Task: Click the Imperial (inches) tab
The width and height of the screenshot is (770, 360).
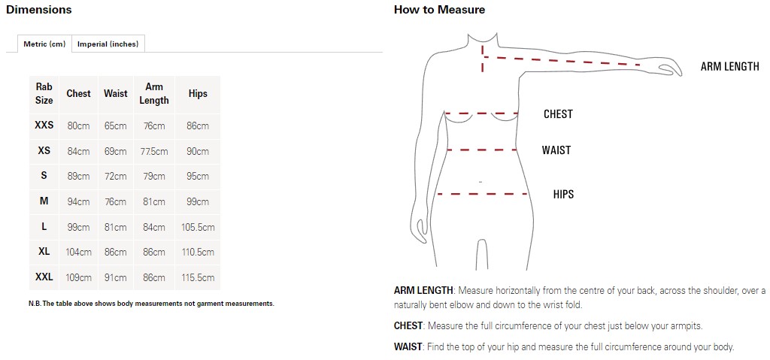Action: coord(108,44)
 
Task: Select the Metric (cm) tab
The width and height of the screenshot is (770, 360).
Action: coord(44,44)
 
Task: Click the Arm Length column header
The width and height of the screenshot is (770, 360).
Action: coord(153,94)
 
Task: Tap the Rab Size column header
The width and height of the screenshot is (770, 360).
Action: coord(44,94)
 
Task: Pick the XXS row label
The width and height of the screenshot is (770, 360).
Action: coord(44,126)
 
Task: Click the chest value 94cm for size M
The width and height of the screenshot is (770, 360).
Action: coord(78,201)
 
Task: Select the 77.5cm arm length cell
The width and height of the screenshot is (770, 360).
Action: coord(153,151)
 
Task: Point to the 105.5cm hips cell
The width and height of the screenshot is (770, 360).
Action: coord(198,227)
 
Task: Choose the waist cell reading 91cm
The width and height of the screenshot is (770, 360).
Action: coord(115,277)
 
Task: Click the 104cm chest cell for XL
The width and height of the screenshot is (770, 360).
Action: coord(78,252)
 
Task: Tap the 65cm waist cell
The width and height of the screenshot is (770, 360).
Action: coord(115,126)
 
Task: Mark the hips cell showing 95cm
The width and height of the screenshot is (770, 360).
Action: coord(198,177)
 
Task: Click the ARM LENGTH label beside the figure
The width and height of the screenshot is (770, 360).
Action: coord(729,67)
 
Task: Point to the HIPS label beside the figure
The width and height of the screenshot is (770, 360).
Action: coord(563,194)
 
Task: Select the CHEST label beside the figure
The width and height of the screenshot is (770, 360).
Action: coord(559,114)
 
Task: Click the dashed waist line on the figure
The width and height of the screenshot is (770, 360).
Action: coord(481,150)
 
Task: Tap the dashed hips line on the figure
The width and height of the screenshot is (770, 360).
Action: coord(482,194)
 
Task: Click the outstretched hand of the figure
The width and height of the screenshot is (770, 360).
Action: coord(668,68)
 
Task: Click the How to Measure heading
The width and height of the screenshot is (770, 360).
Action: coord(439,10)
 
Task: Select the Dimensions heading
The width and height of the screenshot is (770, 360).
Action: coord(39,10)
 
